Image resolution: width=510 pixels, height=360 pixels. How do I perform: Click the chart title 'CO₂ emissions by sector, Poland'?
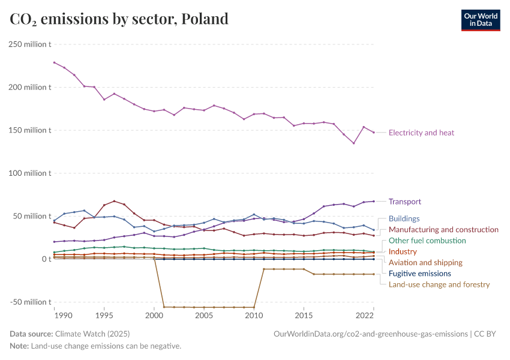click(119, 19)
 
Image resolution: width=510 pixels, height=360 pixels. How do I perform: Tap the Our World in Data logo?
click(480, 19)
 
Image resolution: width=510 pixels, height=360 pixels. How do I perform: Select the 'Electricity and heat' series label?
click(421, 133)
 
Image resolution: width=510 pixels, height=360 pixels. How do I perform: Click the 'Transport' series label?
click(405, 202)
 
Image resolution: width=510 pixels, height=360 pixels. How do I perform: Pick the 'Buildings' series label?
click(404, 218)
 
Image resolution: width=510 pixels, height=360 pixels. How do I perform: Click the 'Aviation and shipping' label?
click(425, 262)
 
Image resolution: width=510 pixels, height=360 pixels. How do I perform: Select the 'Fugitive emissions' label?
click(420, 273)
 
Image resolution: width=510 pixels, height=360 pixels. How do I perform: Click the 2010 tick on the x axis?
click(254, 315)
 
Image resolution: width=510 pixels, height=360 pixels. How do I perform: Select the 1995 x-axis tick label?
click(104, 315)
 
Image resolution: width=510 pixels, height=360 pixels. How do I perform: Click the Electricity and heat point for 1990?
click(55, 62)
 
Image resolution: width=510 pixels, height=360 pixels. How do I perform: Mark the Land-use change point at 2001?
click(164, 307)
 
